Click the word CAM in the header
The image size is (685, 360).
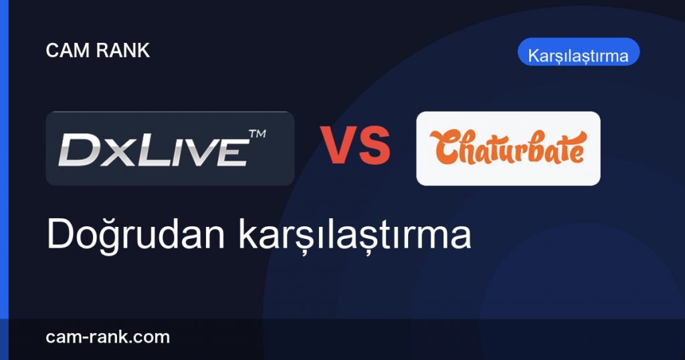(68, 50)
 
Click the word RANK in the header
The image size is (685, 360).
(123, 50)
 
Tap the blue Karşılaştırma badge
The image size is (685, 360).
(579, 52)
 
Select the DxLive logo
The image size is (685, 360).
(170, 149)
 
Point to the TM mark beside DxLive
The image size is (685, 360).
(258, 134)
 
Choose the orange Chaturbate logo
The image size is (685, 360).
(508, 148)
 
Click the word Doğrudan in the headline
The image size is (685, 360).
(135, 235)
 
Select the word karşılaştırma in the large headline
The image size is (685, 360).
(355, 236)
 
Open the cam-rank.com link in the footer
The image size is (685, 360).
(108, 337)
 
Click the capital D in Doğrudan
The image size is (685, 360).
(61, 235)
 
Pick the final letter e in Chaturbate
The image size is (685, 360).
(577, 153)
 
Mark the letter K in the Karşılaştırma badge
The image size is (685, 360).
(534, 56)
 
